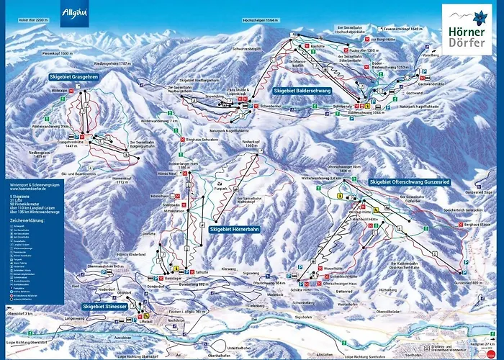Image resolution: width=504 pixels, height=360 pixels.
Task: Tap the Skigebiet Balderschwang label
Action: click(302, 91)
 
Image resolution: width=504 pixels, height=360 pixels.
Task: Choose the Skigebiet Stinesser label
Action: click(105, 306)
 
